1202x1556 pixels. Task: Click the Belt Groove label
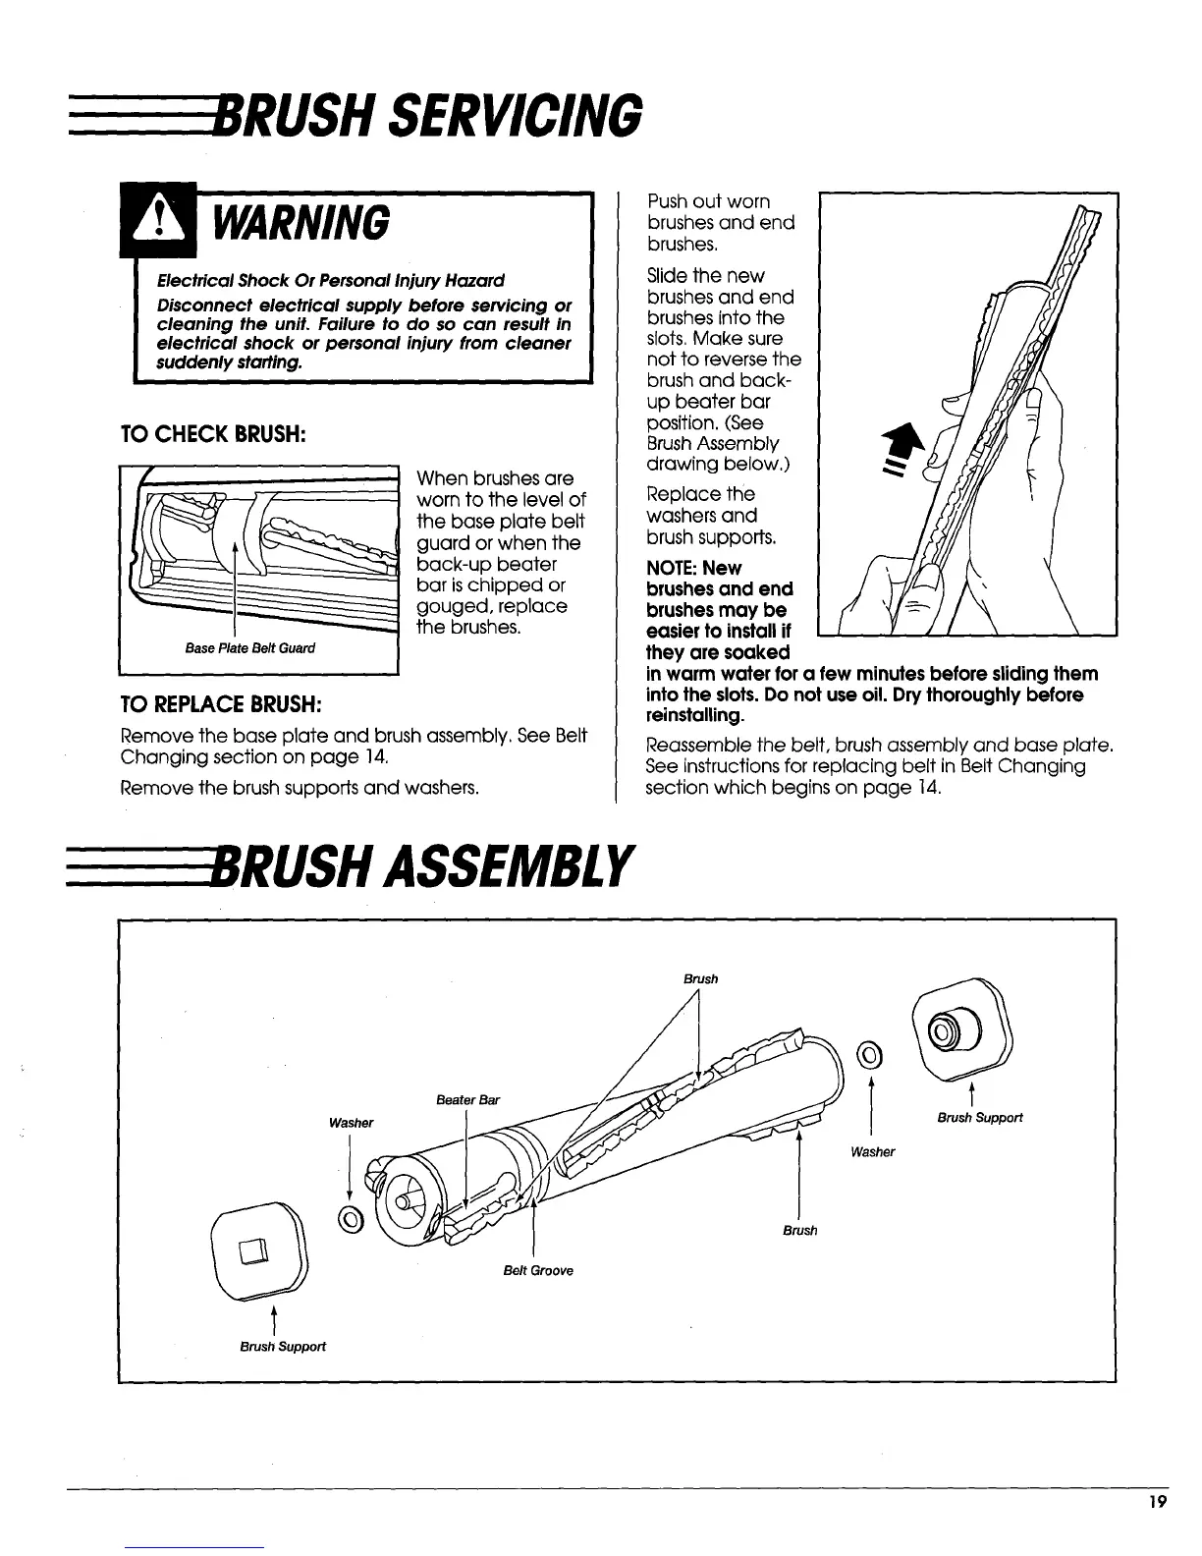[537, 1270]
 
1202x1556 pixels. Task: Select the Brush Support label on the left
[283, 1346]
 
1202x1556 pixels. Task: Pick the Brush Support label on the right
[979, 1117]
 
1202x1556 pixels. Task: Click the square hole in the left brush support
[254, 1251]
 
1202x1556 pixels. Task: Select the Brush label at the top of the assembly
[700, 978]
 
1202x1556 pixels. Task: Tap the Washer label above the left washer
[351, 1122]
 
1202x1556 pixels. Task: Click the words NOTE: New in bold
[694, 568]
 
